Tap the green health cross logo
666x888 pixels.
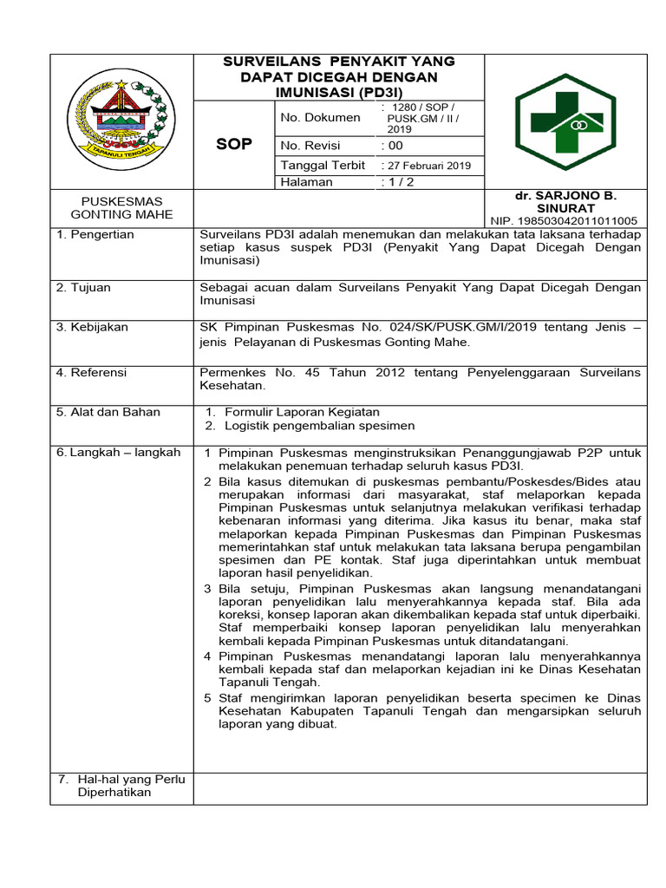tap(566, 121)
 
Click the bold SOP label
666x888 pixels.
tap(234, 144)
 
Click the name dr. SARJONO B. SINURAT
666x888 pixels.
tap(565, 202)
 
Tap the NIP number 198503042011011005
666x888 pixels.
tap(565, 221)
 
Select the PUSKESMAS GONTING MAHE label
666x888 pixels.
tap(121, 208)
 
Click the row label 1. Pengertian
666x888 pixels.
tap(95, 235)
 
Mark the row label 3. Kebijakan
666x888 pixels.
tap(92, 327)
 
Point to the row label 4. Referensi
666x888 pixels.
tap(91, 372)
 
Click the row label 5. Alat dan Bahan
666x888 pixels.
tap(108, 412)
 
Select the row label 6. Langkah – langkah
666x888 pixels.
tap(118, 452)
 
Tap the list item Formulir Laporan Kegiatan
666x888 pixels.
tap(302, 412)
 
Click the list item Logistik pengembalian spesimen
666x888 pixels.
tap(319, 426)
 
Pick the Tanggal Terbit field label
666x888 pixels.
tap(323, 165)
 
